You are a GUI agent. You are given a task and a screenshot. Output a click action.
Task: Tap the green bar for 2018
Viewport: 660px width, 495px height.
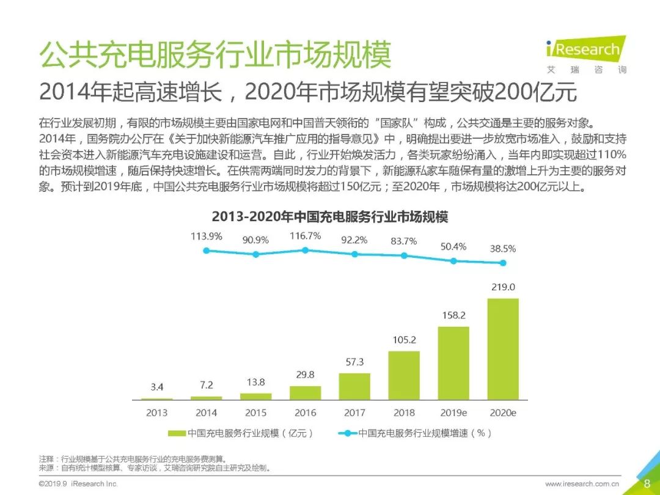pyautogui.click(x=404, y=375)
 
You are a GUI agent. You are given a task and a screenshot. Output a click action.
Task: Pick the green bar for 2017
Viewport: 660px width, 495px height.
pyautogui.click(x=354, y=386)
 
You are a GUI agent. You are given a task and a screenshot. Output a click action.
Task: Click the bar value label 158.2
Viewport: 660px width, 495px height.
pyautogui.click(x=453, y=316)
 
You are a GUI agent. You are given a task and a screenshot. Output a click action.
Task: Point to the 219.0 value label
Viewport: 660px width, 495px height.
pyautogui.click(x=503, y=287)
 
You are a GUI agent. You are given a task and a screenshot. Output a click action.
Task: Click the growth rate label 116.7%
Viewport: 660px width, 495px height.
pyautogui.click(x=305, y=236)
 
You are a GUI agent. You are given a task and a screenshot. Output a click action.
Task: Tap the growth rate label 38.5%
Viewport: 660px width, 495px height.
pyautogui.click(x=503, y=249)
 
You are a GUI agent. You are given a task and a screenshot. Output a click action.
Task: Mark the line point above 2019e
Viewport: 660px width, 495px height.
pyautogui.click(x=453, y=260)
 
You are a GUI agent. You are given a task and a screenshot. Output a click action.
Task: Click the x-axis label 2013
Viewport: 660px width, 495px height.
pyautogui.click(x=156, y=413)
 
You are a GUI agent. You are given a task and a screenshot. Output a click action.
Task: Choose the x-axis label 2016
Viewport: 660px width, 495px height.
pyautogui.click(x=305, y=413)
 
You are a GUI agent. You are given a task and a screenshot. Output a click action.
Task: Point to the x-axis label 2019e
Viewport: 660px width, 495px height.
pyautogui.click(x=453, y=413)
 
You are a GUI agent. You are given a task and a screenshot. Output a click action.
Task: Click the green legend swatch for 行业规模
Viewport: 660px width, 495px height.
pyautogui.click(x=177, y=433)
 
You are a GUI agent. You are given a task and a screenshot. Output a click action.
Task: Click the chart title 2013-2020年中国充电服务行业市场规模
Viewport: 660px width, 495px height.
pyautogui.click(x=330, y=217)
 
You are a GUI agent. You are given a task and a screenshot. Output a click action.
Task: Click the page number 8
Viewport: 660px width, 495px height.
pyautogui.click(x=647, y=483)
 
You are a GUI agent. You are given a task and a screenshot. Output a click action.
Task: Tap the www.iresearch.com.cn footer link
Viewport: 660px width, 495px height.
pyautogui.click(x=582, y=484)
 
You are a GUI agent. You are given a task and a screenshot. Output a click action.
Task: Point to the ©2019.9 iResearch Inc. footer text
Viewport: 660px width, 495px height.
pyautogui.click(x=78, y=484)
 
